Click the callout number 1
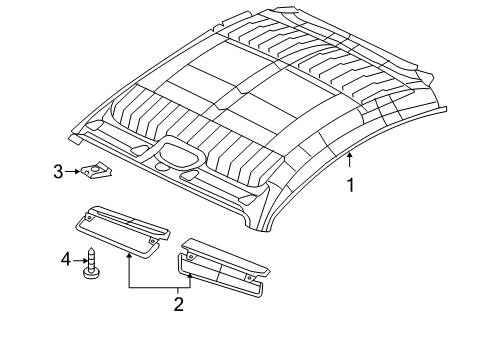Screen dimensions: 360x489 (349, 184)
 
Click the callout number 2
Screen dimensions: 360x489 (178, 303)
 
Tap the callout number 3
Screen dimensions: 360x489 (59, 172)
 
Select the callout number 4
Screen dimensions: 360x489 (66, 259)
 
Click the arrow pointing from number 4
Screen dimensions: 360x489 (81, 259)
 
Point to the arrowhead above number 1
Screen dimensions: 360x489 (349, 157)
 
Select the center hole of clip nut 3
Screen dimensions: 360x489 (98, 172)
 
